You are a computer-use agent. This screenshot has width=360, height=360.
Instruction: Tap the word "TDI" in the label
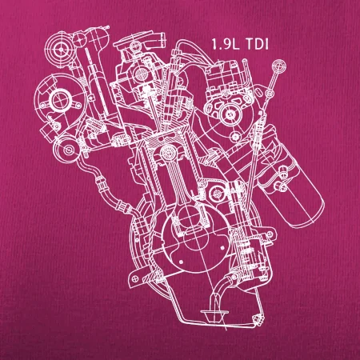coord(257,44)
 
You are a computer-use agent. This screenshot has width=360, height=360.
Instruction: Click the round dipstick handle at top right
coord(279,66)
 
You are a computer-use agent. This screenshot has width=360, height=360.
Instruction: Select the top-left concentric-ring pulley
coord(61,49)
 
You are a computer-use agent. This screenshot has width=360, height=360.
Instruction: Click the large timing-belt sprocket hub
coord(62,101)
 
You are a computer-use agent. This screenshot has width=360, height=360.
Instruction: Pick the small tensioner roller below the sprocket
coord(67,150)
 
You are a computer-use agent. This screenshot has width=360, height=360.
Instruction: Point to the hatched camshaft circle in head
coord(142,74)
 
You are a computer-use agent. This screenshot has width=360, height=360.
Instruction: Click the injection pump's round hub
coord(230,114)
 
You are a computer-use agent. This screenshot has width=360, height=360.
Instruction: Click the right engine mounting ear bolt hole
coord(270,234)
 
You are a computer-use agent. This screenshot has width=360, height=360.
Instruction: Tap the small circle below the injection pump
coord(235,137)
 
